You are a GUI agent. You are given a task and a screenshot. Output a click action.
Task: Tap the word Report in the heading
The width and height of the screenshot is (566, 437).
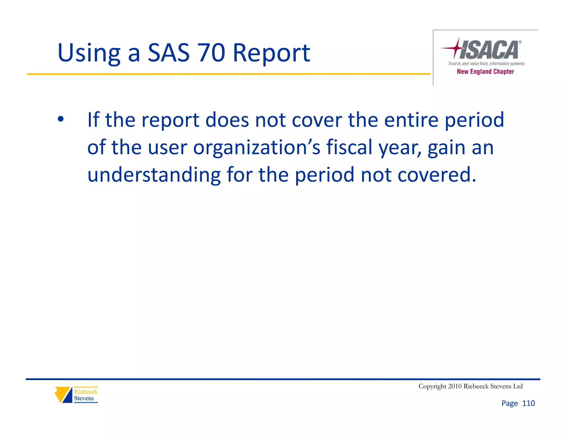(x=271, y=53)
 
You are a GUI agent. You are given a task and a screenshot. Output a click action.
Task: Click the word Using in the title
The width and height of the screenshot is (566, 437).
(x=89, y=53)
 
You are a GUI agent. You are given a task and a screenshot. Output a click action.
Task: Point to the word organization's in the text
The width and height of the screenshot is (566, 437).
(x=256, y=148)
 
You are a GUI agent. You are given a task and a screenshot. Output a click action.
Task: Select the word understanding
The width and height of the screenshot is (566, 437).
(x=154, y=175)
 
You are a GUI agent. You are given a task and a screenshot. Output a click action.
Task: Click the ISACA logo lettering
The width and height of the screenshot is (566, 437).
(x=489, y=50)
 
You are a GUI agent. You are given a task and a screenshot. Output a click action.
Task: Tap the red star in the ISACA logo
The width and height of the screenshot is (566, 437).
(x=457, y=48)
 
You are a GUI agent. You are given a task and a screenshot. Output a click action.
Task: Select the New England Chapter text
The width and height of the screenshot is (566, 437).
(x=485, y=72)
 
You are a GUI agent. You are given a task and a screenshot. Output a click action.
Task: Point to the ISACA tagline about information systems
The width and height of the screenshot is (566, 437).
(x=486, y=64)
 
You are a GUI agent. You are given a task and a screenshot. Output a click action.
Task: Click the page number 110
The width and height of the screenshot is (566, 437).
(x=528, y=403)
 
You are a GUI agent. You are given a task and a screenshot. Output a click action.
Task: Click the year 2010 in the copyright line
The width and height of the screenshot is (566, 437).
(x=455, y=386)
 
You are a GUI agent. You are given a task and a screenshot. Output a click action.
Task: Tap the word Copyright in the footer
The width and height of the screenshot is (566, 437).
(x=432, y=386)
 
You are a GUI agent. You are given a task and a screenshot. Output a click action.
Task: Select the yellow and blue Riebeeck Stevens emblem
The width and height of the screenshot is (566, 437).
(x=64, y=394)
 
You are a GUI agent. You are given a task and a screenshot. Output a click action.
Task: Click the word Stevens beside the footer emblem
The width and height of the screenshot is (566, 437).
(x=84, y=398)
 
